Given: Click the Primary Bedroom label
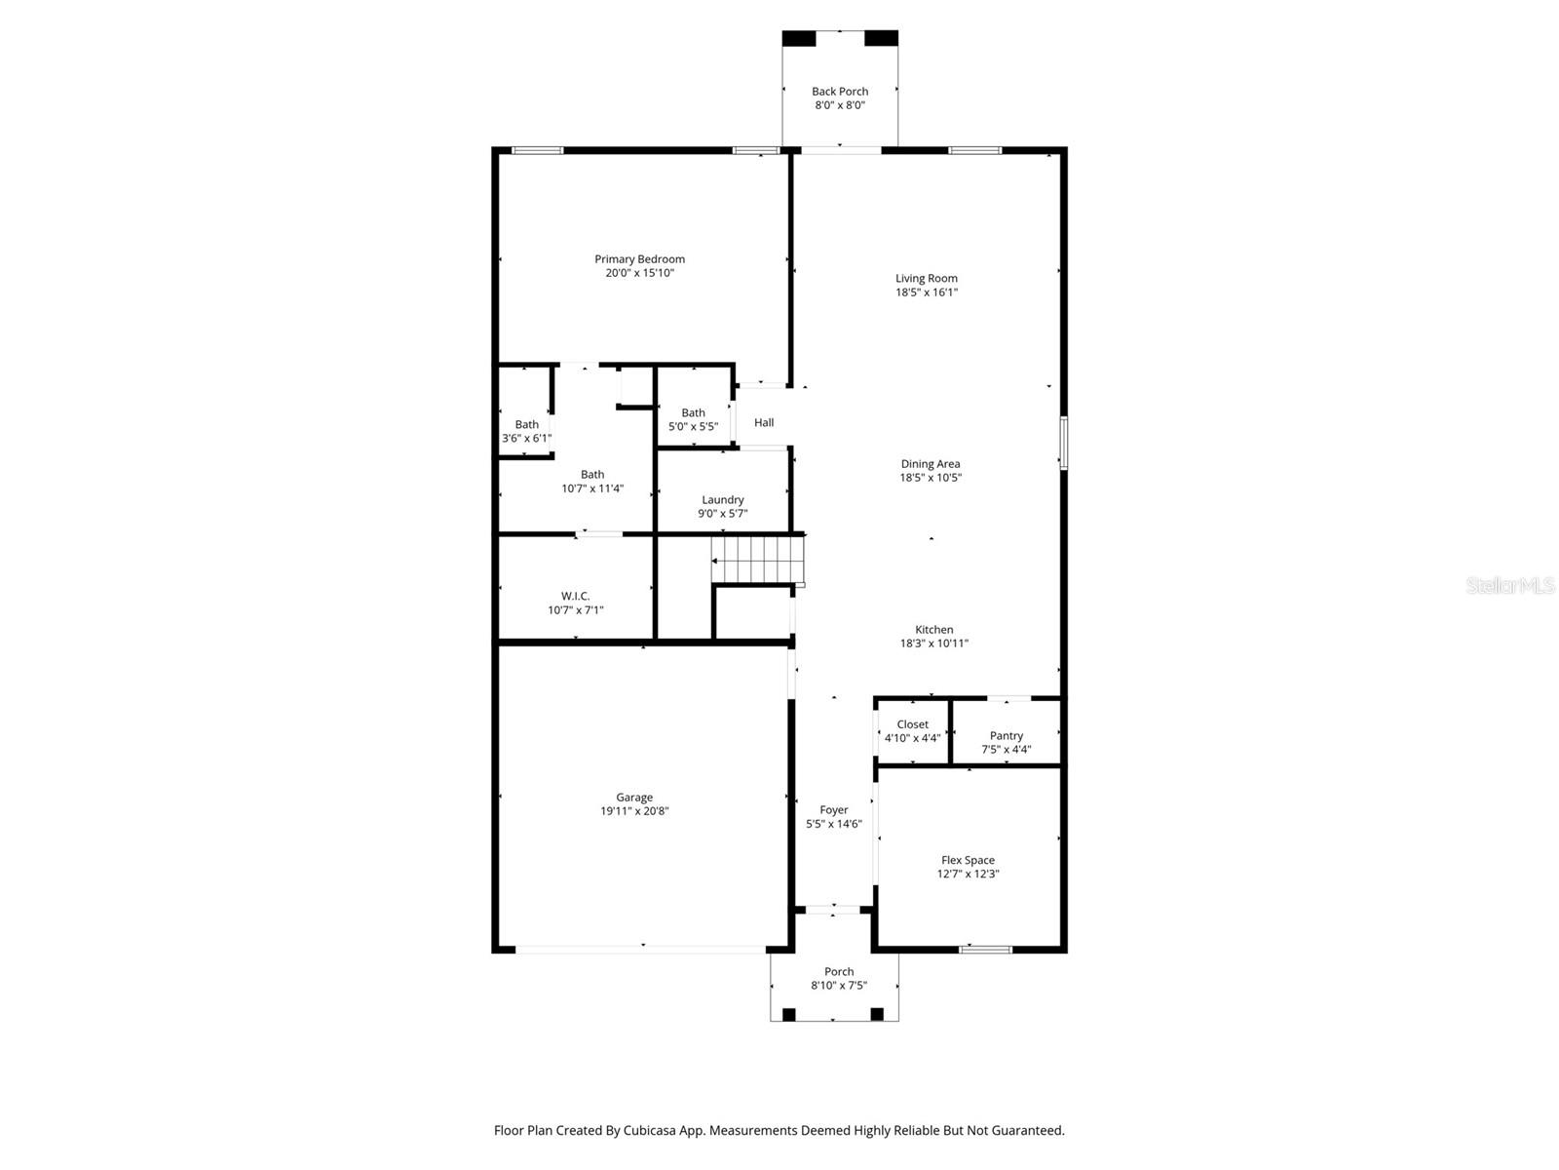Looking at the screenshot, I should (639, 259).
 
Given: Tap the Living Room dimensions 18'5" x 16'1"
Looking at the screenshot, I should (927, 292).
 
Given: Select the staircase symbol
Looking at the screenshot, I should (758, 561).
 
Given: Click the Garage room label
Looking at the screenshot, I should (634, 798).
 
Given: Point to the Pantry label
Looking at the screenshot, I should (1006, 736).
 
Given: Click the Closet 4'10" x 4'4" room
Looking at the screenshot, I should (913, 731).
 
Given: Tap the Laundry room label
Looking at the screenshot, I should (722, 500).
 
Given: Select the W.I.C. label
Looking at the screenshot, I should (575, 597).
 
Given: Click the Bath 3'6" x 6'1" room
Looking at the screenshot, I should (526, 431).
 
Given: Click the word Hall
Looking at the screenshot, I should (764, 422).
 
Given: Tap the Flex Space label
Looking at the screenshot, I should (968, 860).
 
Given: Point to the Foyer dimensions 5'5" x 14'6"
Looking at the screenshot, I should (834, 824).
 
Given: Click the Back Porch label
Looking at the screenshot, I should (840, 92).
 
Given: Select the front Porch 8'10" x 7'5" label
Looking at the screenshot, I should (839, 978).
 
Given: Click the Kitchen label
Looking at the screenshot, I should (933, 630).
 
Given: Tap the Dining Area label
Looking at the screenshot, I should (930, 464).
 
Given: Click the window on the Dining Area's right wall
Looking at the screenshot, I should (1063, 443).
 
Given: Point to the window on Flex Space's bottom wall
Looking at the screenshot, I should (985, 949).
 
